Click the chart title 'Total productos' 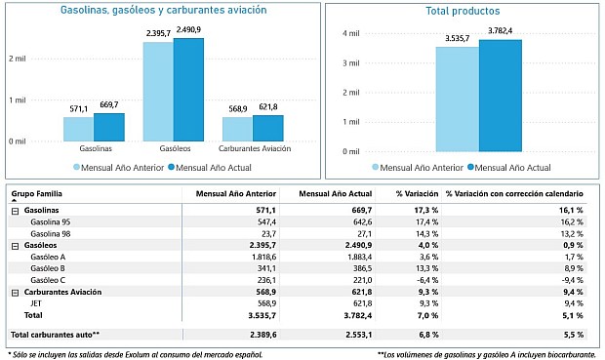tap(464, 12)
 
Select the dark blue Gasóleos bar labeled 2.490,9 tap(188, 90)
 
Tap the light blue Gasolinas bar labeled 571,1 tap(78, 129)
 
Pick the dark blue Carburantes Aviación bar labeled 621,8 tap(267, 128)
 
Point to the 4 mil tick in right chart tap(350, 33)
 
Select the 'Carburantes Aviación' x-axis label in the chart tap(253, 149)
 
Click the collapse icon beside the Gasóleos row tap(15, 244)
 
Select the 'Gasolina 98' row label tap(51, 233)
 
